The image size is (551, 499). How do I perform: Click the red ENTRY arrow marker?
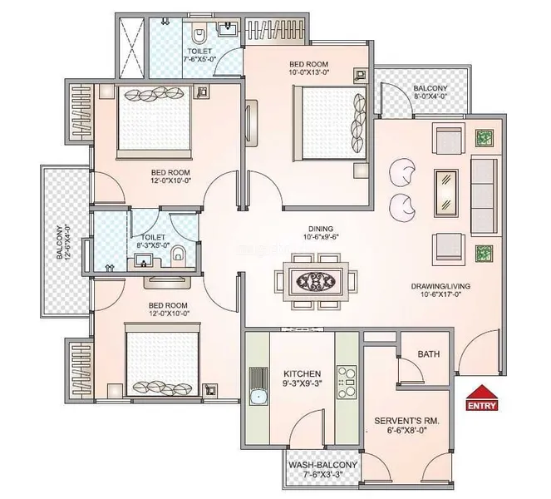482,398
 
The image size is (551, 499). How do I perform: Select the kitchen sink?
258,386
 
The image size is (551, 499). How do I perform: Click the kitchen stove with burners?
347,382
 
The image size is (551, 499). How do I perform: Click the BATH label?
429,354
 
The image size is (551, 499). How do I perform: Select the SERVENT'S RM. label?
406,421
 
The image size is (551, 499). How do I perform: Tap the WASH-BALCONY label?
322,465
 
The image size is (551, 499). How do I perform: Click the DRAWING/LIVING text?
440,286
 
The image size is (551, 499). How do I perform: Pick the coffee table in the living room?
446,193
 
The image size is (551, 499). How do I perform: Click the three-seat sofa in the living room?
485,195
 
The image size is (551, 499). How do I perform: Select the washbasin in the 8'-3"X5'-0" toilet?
144,262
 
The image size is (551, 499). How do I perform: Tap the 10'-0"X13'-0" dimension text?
308,72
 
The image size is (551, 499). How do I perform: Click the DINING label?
321,229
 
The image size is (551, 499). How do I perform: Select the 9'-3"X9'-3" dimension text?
302,383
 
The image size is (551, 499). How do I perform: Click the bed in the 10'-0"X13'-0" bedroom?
330,124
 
